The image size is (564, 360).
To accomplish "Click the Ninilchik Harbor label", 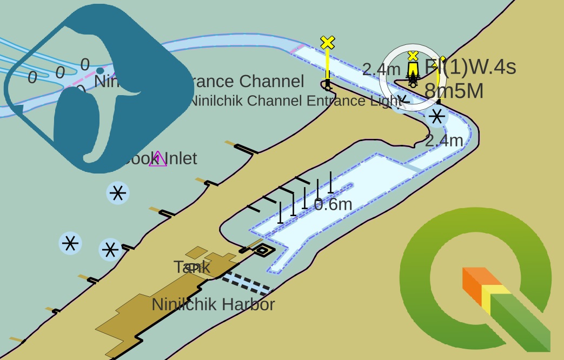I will [x=213, y=304].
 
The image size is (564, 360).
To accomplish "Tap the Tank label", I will [x=192, y=266].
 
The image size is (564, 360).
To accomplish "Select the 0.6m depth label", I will [x=333, y=204].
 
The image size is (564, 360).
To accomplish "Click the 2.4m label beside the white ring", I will [x=381, y=69].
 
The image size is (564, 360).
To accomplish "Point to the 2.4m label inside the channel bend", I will [x=444, y=141].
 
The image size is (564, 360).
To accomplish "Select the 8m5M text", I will [x=454, y=91].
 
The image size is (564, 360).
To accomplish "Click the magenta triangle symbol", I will [x=158, y=159].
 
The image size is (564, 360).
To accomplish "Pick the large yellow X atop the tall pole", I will [x=327, y=43].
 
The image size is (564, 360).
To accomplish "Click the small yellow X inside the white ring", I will [x=413, y=56].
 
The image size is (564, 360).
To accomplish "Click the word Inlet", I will [x=181, y=158].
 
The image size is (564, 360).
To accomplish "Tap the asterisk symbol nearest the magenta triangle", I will [x=118, y=193].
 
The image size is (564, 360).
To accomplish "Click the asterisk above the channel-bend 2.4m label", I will [x=437, y=116].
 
